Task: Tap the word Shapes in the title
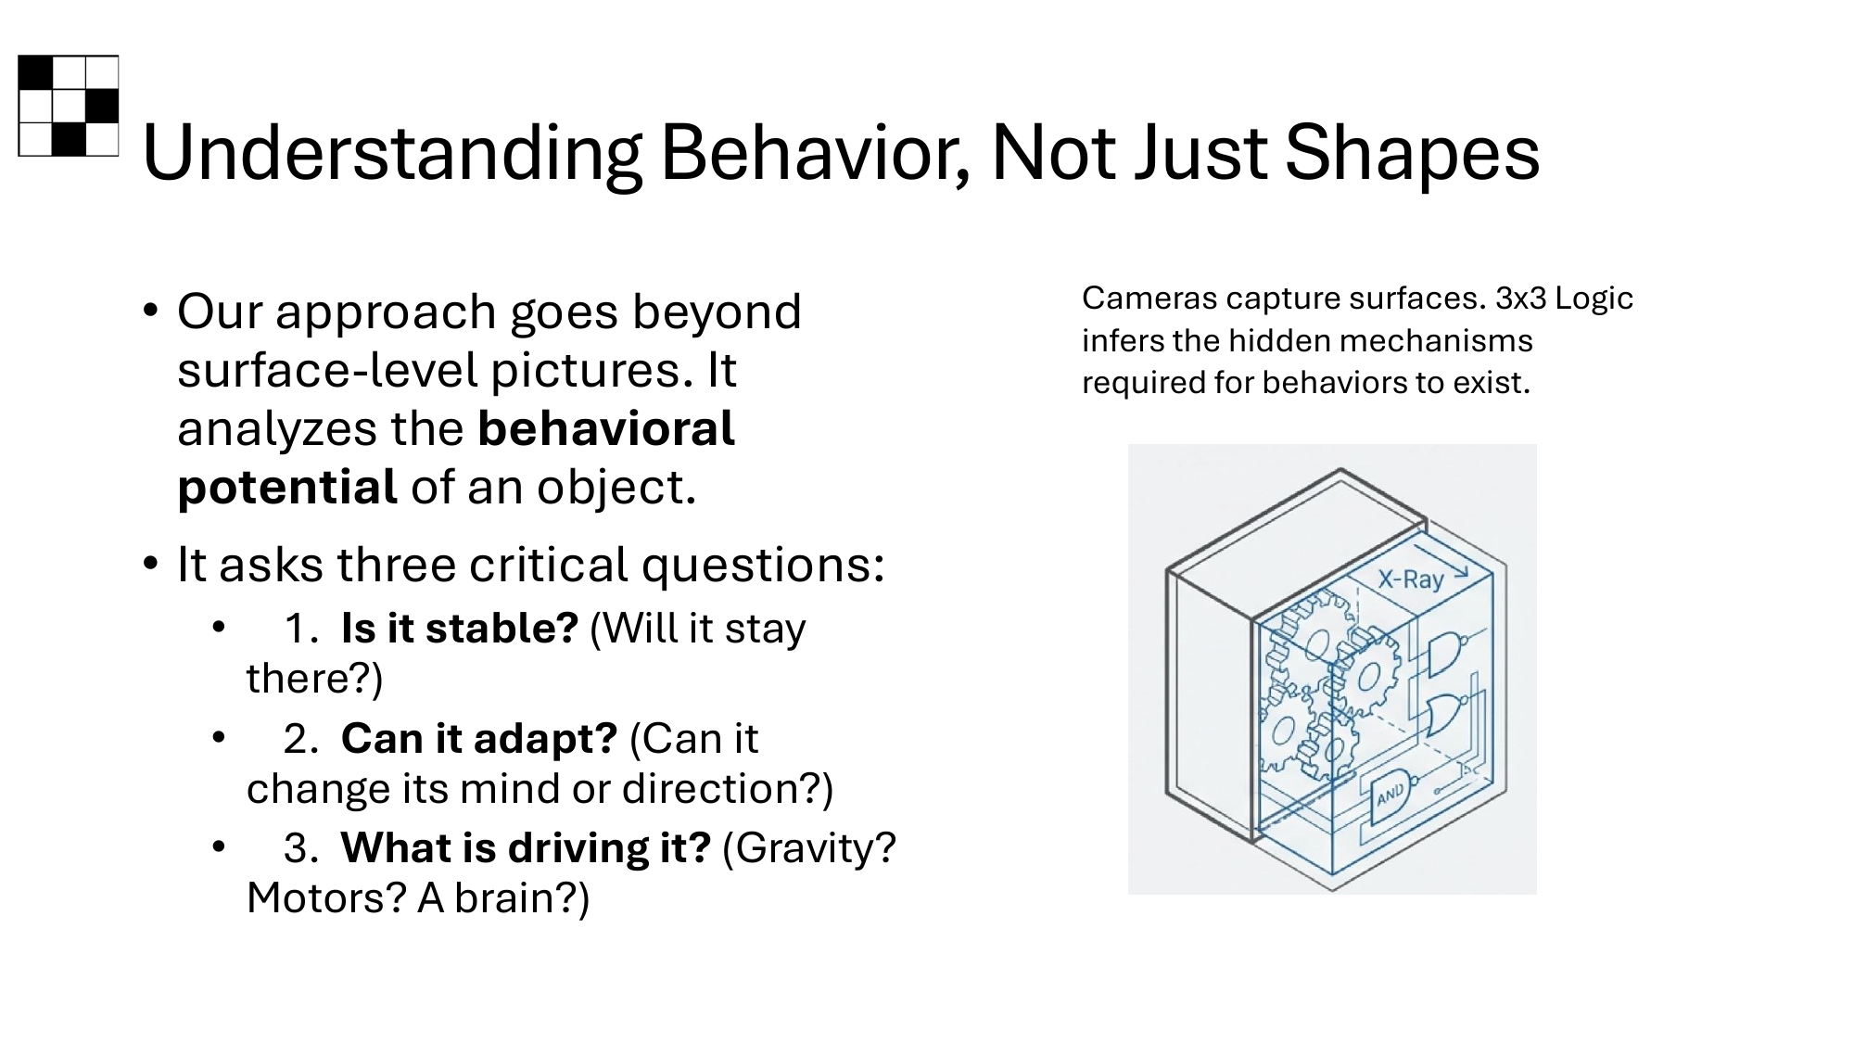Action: [x=1412, y=154]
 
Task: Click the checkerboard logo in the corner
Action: [x=69, y=106]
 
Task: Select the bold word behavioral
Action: [x=606, y=428]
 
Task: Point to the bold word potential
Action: [x=286, y=487]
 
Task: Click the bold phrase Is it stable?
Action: [x=460, y=628]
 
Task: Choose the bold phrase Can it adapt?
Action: [x=478, y=738]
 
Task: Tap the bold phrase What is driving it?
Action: [x=526, y=847]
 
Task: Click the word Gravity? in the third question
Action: [x=808, y=848]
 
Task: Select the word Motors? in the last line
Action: [x=326, y=897]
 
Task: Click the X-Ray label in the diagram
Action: [x=1410, y=579]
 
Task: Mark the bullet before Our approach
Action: [x=151, y=311]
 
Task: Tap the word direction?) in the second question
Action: [x=728, y=788]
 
